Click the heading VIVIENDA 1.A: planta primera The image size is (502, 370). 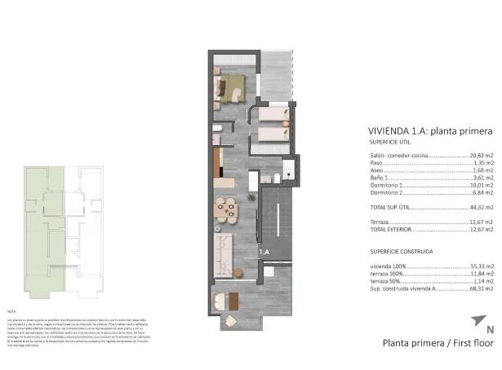pyautogui.click(x=430, y=131)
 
